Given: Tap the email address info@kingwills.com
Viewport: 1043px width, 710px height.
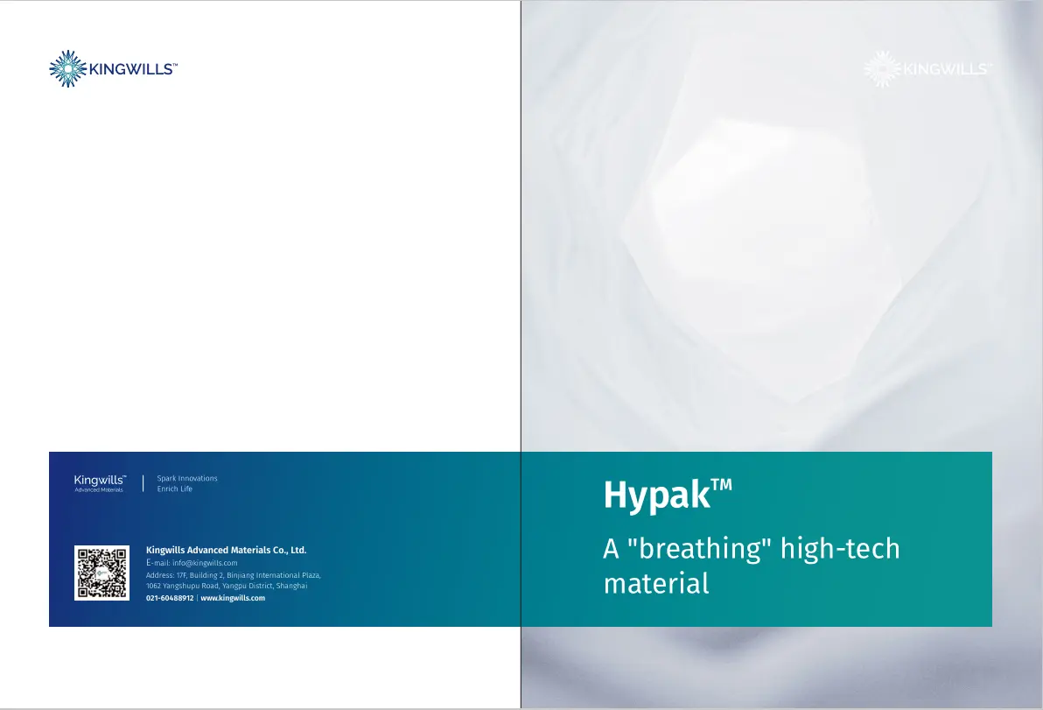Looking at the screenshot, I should tap(205, 563).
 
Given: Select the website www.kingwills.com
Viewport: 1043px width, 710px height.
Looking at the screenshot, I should tap(233, 598).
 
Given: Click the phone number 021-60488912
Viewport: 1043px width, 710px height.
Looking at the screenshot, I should tap(170, 598).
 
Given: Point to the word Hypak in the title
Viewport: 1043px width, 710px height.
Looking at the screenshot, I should tap(655, 496).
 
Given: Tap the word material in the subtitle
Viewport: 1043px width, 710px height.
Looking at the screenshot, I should tap(655, 583).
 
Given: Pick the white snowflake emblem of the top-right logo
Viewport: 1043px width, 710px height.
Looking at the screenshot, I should tap(880, 68).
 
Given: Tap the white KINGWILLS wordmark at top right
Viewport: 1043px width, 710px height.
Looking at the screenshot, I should tap(946, 69).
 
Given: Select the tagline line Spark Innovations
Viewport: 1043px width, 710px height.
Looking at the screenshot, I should tap(187, 479).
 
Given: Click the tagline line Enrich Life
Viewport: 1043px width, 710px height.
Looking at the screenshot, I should tap(174, 489).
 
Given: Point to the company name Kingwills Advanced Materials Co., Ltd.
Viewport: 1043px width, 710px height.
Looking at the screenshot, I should tap(226, 551).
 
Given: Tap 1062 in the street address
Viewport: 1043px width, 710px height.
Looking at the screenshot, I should tap(154, 586).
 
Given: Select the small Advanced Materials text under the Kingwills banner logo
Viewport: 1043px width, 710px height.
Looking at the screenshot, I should tap(99, 490).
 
